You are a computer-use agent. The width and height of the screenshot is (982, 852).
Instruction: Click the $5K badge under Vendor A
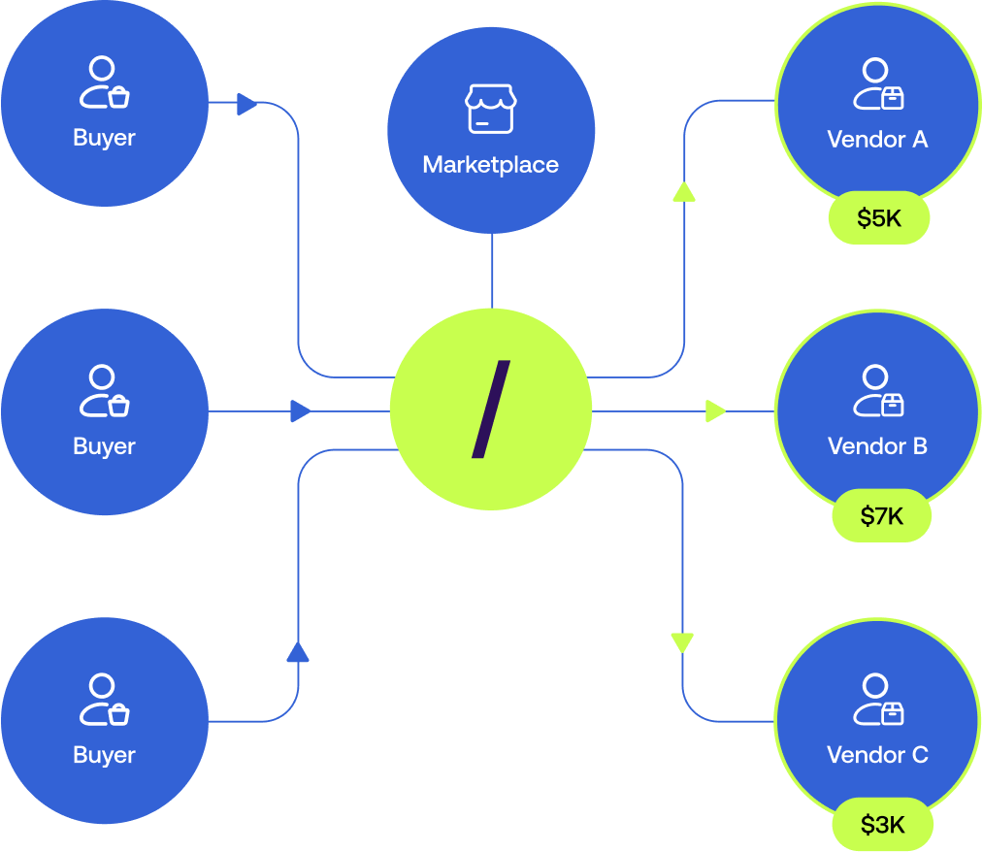pyautogui.click(x=879, y=219)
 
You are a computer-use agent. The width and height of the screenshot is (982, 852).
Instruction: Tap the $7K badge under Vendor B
pyautogui.click(x=881, y=516)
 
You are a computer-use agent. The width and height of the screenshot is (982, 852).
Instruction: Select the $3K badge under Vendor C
pyautogui.click(x=882, y=826)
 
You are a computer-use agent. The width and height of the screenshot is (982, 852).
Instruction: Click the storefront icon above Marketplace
pyautogui.click(x=490, y=108)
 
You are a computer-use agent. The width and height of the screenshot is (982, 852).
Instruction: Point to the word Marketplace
pyautogui.click(x=490, y=165)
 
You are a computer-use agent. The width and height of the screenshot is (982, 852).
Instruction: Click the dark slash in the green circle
pyautogui.click(x=490, y=410)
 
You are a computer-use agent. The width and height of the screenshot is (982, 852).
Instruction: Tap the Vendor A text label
pyautogui.click(x=877, y=139)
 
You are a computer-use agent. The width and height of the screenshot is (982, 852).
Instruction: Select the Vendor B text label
pyautogui.click(x=877, y=446)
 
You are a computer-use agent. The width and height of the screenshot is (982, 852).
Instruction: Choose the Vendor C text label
pyautogui.click(x=877, y=755)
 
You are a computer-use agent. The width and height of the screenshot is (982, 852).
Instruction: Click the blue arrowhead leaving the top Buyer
pyautogui.click(x=247, y=103)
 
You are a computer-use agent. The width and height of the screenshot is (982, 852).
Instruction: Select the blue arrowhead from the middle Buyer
pyautogui.click(x=301, y=411)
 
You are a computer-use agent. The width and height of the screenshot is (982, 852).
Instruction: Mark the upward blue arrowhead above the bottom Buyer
pyautogui.click(x=298, y=651)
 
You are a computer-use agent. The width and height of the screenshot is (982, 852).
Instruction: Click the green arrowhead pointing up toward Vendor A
pyautogui.click(x=684, y=191)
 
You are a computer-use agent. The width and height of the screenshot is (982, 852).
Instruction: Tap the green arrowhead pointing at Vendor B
pyautogui.click(x=716, y=411)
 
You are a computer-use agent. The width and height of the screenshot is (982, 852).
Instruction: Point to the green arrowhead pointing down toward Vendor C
pyautogui.click(x=683, y=642)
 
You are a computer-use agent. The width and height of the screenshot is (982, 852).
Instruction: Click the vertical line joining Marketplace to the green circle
pyautogui.click(x=492, y=272)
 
